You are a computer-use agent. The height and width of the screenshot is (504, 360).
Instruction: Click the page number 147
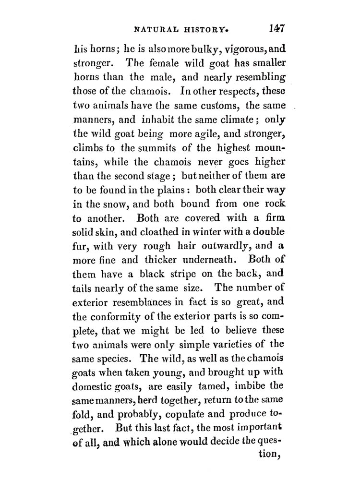pos(277,28)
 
